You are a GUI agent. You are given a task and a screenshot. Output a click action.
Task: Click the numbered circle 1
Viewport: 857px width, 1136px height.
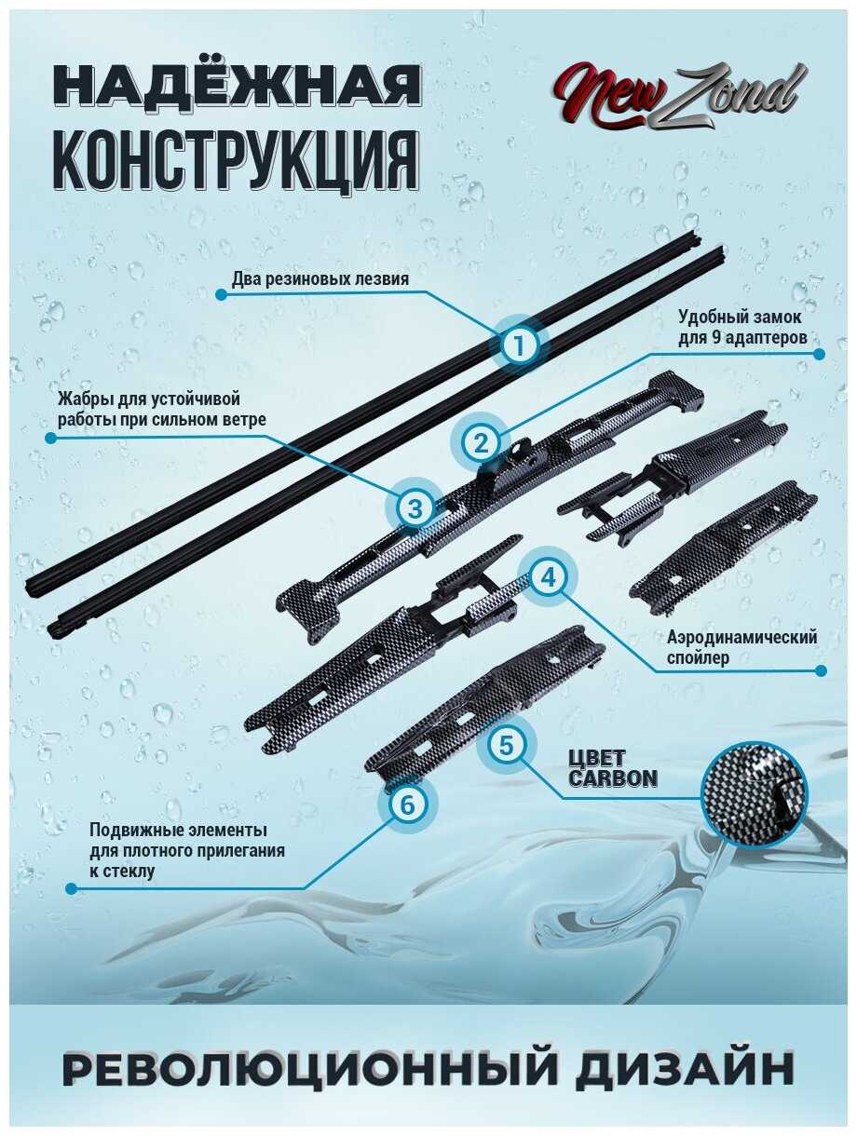(x=519, y=345)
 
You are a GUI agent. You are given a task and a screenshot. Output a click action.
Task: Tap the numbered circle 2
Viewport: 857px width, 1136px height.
(x=481, y=442)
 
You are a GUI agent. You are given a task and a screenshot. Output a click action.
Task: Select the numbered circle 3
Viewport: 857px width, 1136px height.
(x=415, y=508)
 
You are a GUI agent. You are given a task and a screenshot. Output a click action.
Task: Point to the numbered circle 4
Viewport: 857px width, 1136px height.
(x=550, y=577)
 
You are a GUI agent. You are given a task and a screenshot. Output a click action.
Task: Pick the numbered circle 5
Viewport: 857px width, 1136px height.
(x=506, y=746)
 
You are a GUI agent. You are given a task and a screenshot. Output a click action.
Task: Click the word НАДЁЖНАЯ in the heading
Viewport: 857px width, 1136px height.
(x=237, y=85)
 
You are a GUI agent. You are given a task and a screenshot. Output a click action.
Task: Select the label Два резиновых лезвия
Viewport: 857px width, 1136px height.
(x=320, y=279)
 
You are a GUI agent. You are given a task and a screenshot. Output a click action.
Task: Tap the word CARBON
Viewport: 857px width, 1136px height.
(x=613, y=778)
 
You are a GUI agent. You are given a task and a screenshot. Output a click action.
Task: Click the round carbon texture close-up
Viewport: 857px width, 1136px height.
(x=754, y=790)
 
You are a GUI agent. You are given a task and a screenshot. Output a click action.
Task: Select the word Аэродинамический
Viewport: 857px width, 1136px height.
(x=742, y=637)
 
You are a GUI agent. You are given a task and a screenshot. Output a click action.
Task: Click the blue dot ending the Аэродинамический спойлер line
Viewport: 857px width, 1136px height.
(x=819, y=670)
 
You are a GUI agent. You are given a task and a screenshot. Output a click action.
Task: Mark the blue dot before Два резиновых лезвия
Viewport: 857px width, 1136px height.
(x=221, y=294)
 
